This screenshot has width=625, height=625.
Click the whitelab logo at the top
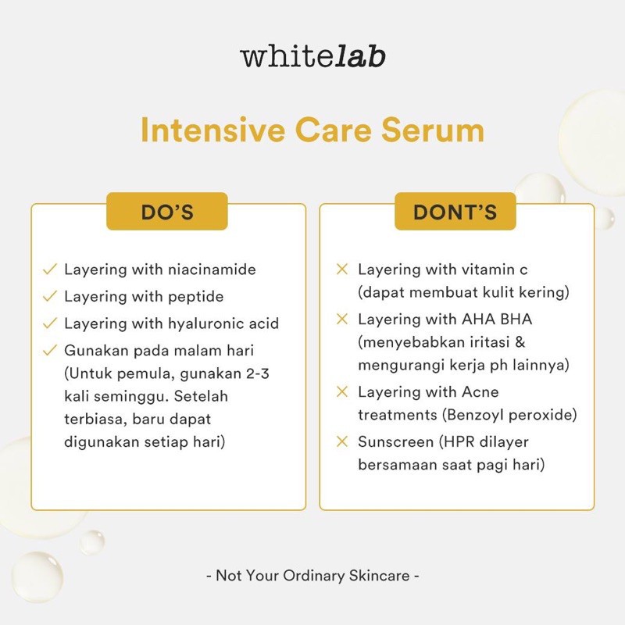[x=312, y=57]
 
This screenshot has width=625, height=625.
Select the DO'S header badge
[x=166, y=212]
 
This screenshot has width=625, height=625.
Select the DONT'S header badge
[x=455, y=212]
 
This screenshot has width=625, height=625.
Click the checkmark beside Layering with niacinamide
[x=50, y=270]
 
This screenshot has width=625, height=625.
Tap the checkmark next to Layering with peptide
[x=50, y=296]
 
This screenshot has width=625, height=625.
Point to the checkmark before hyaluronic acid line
[x=50, y=323]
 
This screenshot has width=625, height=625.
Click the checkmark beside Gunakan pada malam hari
[x=50, y=350]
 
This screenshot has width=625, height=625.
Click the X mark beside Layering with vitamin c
[x=341, y=270]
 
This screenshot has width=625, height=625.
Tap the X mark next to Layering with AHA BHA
[x=341, y=319]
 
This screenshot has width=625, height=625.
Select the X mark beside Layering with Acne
[x=341, y=391]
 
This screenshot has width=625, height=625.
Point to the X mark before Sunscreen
[x=341, y=441]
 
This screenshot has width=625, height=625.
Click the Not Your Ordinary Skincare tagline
[x=312, y=576]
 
